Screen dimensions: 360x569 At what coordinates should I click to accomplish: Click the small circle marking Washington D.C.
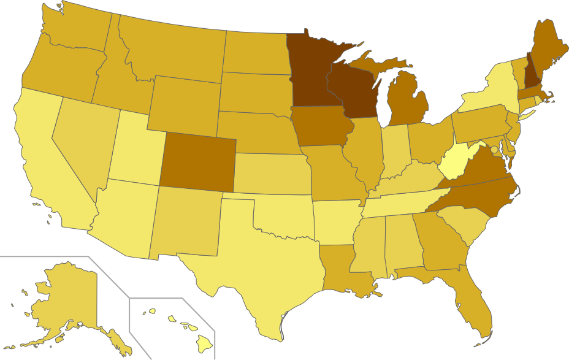click(x=494, y=150)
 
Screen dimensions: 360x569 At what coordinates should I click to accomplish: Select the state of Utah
click(x=136, y=150)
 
